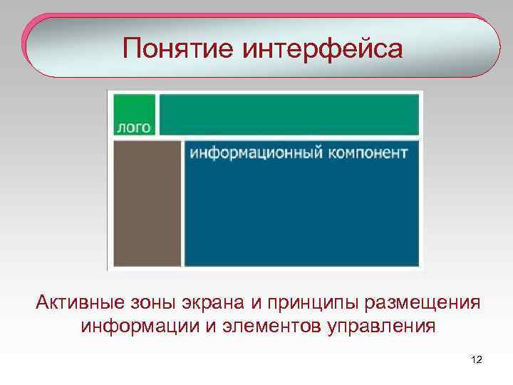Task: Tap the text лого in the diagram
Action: point(133,128)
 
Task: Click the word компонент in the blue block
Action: point(368,152)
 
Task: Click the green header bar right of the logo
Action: point(289,113)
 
